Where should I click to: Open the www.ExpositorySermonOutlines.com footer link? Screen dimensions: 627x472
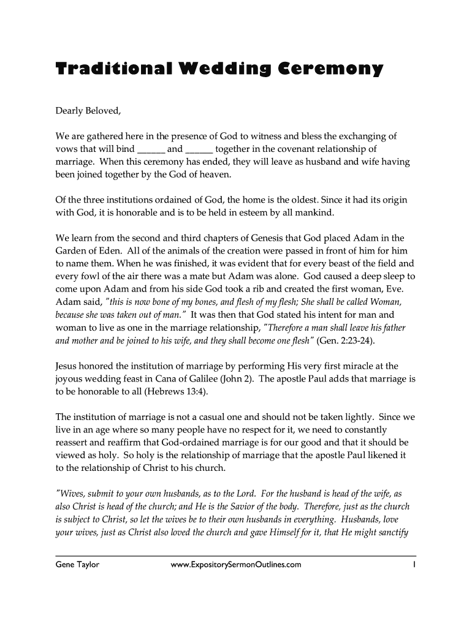236,565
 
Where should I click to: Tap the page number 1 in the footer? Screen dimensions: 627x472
414,565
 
